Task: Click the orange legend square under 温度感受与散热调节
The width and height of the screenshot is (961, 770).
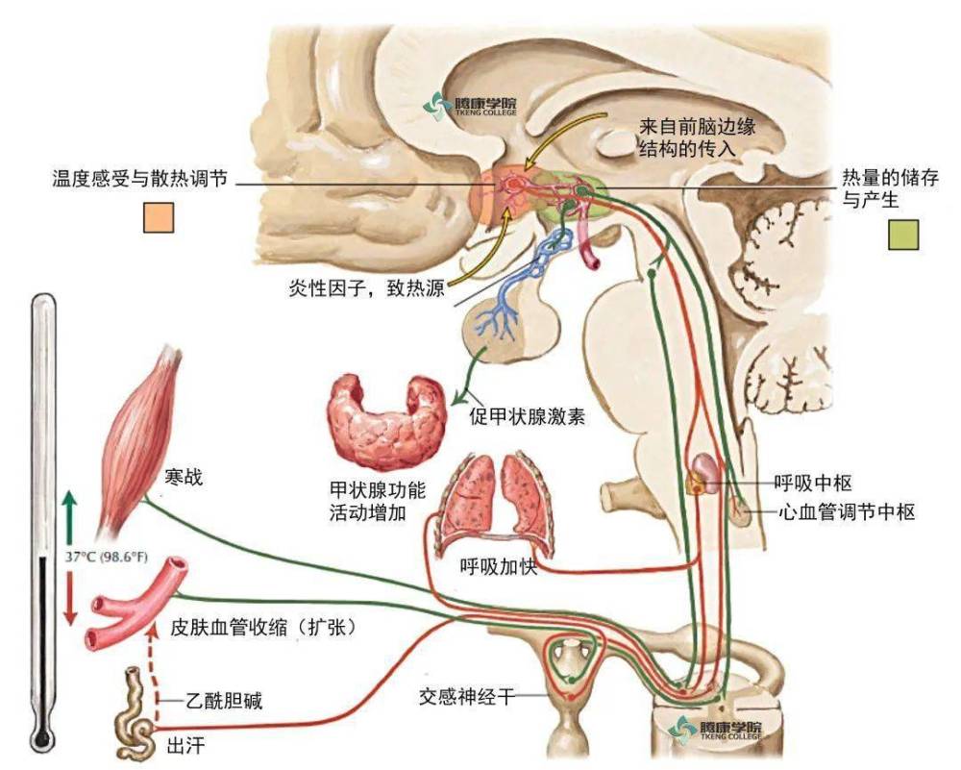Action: [x=159, y=217]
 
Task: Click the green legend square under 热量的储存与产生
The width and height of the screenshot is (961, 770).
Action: [x=903, y=235]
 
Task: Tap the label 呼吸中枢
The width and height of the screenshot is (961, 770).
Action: [x=813, y=484]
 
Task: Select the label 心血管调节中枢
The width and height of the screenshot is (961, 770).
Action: [x=847, y=511]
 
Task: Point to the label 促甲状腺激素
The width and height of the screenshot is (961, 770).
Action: [x=527, y=417]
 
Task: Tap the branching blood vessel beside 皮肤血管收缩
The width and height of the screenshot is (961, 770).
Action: [x=136, y=604]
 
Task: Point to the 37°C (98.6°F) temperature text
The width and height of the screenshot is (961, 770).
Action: [x=107, y=558]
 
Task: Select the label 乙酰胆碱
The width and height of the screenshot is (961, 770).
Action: [x=224, y=700]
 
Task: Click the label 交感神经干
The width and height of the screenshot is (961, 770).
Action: [x=467, y=696]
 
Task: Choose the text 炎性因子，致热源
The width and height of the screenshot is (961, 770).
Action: [x=366, y=287]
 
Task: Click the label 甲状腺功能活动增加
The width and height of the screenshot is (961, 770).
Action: [x=377, y=501]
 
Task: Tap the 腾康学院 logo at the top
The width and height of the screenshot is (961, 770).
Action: [x=471, y=106]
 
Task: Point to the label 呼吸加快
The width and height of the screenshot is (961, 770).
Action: [x=498, y=567]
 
